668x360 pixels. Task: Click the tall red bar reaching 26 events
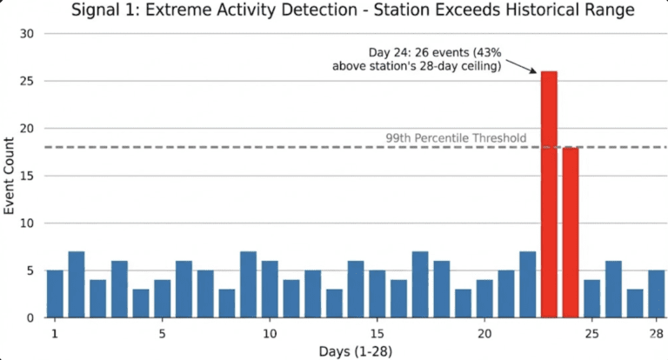click(x=549, y=194)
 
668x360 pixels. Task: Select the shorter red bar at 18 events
click(x=571, y=232)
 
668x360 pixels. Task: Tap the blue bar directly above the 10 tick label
click(x=270, y=289)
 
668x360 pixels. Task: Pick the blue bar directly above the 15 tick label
click(x=377, y=293)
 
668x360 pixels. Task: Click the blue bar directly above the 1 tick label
click(x=55, y=293)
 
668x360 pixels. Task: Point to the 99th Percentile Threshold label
click(x=456, y=138)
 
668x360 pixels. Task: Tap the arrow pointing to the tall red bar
click(x=520, y=67)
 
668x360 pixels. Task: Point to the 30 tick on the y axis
click(x=27, y=34)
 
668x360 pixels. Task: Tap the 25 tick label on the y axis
click(x=27, y=81)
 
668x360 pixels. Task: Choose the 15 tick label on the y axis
click(x=27, y=176)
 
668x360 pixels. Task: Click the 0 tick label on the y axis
click(x=30, y=318)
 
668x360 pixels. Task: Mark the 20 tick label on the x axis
click(x=484, y=333)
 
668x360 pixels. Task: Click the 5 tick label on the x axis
click(x=163, y=333)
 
